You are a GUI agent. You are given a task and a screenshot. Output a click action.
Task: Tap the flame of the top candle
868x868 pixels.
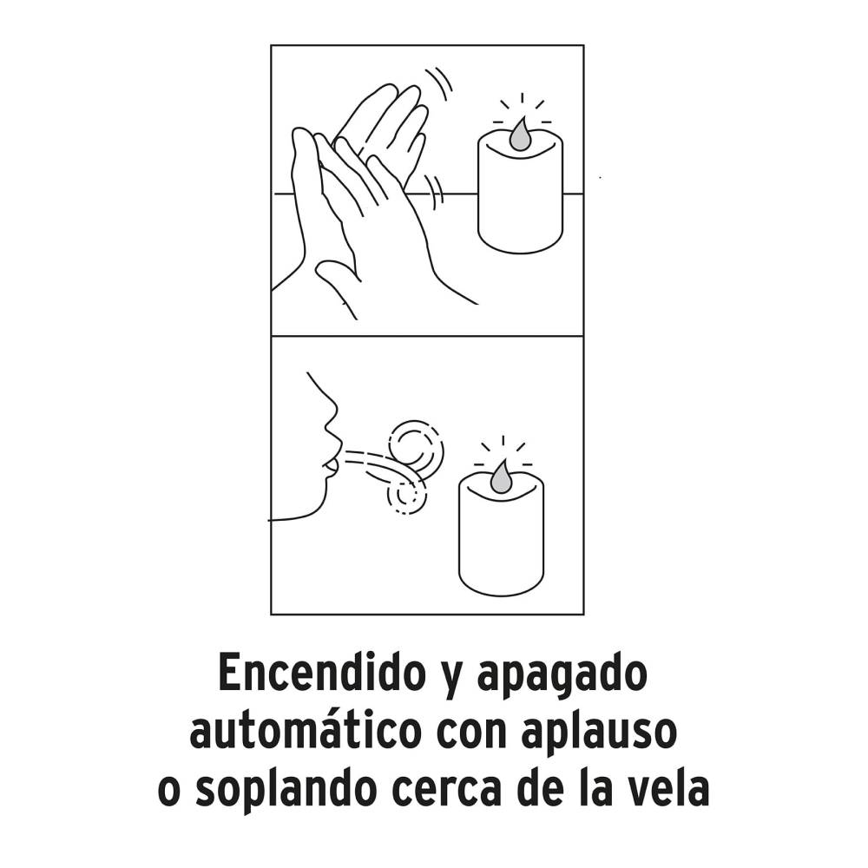point(520,135)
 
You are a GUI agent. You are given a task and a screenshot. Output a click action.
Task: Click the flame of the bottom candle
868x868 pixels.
point(502,476)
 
